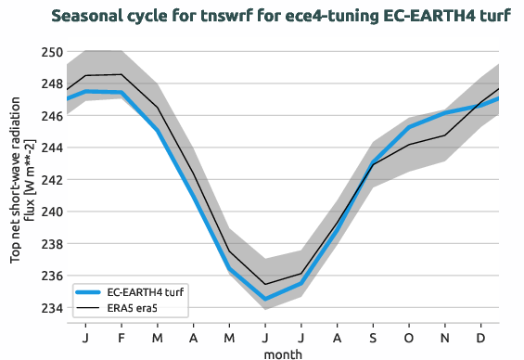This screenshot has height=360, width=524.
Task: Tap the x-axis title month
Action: point(283,353)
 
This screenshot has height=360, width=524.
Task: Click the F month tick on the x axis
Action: point(121,336)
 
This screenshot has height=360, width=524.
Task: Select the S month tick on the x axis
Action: point(373,336)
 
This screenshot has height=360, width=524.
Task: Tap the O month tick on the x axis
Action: point(409,336)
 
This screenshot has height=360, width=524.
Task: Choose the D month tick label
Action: point(480,336)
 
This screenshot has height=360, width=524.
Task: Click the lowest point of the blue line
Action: point(265,299)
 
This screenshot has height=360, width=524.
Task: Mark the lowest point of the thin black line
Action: point(265,284)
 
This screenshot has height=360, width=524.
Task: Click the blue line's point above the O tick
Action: point(409,127)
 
